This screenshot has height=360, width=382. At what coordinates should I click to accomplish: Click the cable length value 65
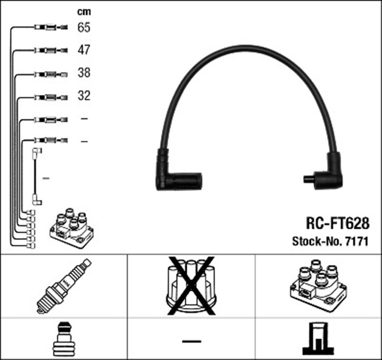[84, 27]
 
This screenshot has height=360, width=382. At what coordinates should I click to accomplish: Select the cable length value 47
[84, 50]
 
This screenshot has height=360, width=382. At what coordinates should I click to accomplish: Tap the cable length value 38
[84, 73]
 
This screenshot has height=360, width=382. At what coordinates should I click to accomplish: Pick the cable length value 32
[84, 96]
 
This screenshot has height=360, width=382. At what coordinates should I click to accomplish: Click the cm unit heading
[84, 11]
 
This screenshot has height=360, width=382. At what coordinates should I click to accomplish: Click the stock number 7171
[355, 242]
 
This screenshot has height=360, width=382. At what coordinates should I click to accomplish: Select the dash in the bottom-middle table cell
[191, 341]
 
